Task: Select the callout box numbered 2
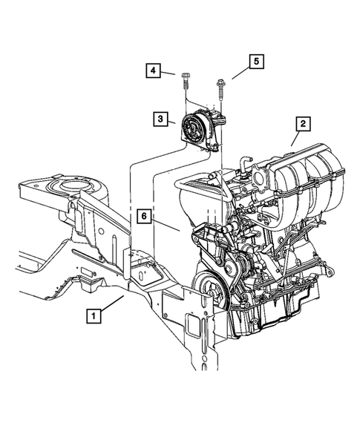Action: tap(302, 124)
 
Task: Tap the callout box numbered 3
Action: tap(160, 118)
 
